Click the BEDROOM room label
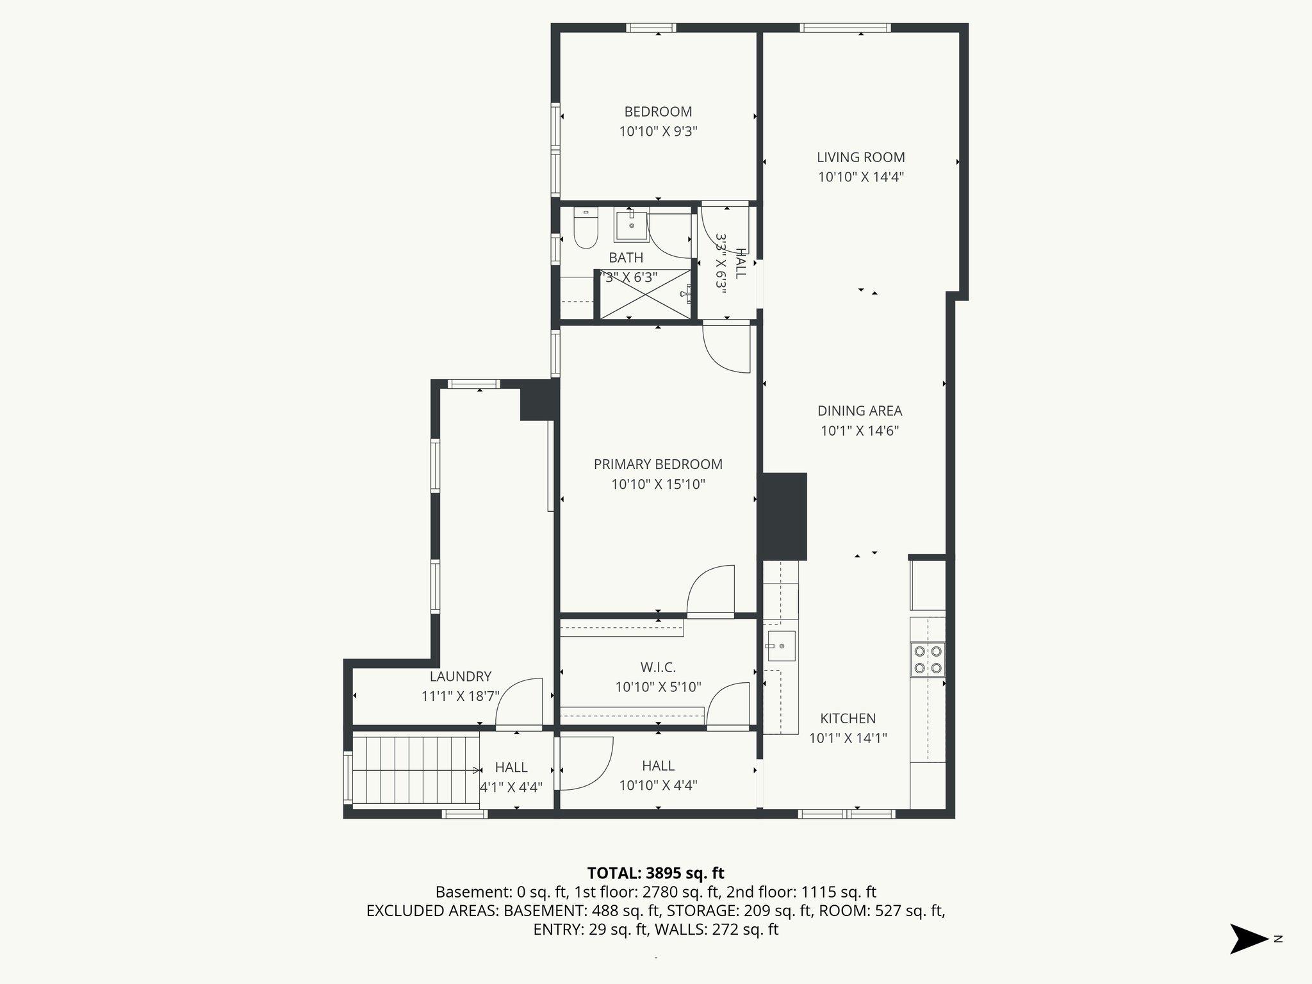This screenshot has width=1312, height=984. pos(658,111)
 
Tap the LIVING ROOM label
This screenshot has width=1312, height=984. pos(860,157)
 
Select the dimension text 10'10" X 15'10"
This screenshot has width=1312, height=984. pos(658,484)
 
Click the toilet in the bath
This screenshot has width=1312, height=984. pos(585,229)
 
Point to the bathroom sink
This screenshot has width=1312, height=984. pos(631,225)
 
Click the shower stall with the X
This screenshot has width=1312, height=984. pos(645,294)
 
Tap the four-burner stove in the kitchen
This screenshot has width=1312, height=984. pos(928,659)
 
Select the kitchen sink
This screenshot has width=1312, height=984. pos(781,646)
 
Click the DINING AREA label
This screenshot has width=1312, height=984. pos(860,411)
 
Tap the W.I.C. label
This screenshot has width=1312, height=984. pos(658,668)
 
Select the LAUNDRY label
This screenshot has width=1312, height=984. pos(460,676)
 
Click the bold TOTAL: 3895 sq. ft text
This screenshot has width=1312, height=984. pos(655,873)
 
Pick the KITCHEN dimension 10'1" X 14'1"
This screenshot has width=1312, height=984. pos(848,738)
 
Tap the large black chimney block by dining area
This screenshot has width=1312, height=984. pos(783,516)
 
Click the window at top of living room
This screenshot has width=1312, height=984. pos(845,28)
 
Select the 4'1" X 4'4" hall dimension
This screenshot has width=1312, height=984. pos(511,787)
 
